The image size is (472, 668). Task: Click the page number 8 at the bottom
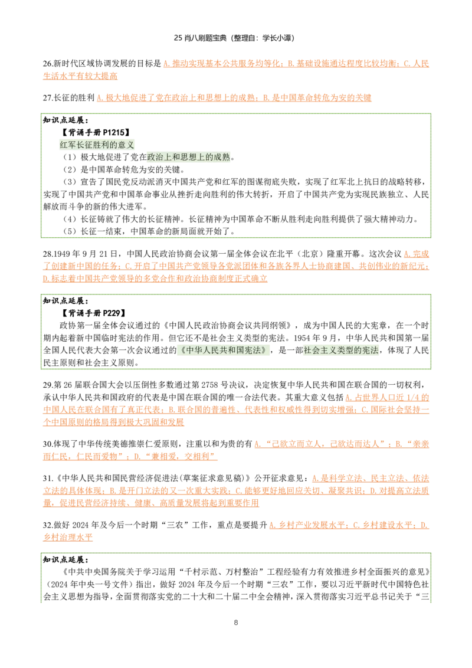pyautogui.click(x=236, y=623)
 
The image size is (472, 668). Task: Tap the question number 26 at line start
pyautogui.click(x=47, y=64)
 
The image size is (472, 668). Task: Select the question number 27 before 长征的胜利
pyautogui.click(x=47, y=97)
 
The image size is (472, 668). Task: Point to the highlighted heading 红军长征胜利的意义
pyautogui.click(x=97, y=145)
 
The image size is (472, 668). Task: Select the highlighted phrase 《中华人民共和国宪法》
pyautogui.click(x=223, y=350)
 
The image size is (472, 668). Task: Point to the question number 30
pyautogui.click(x=47, y=444)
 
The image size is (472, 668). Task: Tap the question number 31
pyautogui.click(x=47, y=479)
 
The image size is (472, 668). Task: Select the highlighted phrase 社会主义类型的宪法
pyautogui.click(x=341, y=350)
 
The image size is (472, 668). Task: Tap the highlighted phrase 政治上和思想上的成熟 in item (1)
pyautogui.click(x=188, y=157)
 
